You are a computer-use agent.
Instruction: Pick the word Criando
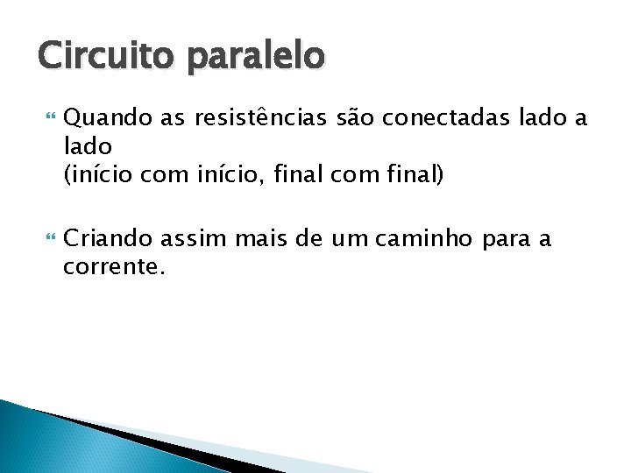pyautogui.click(x=103, y=238)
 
